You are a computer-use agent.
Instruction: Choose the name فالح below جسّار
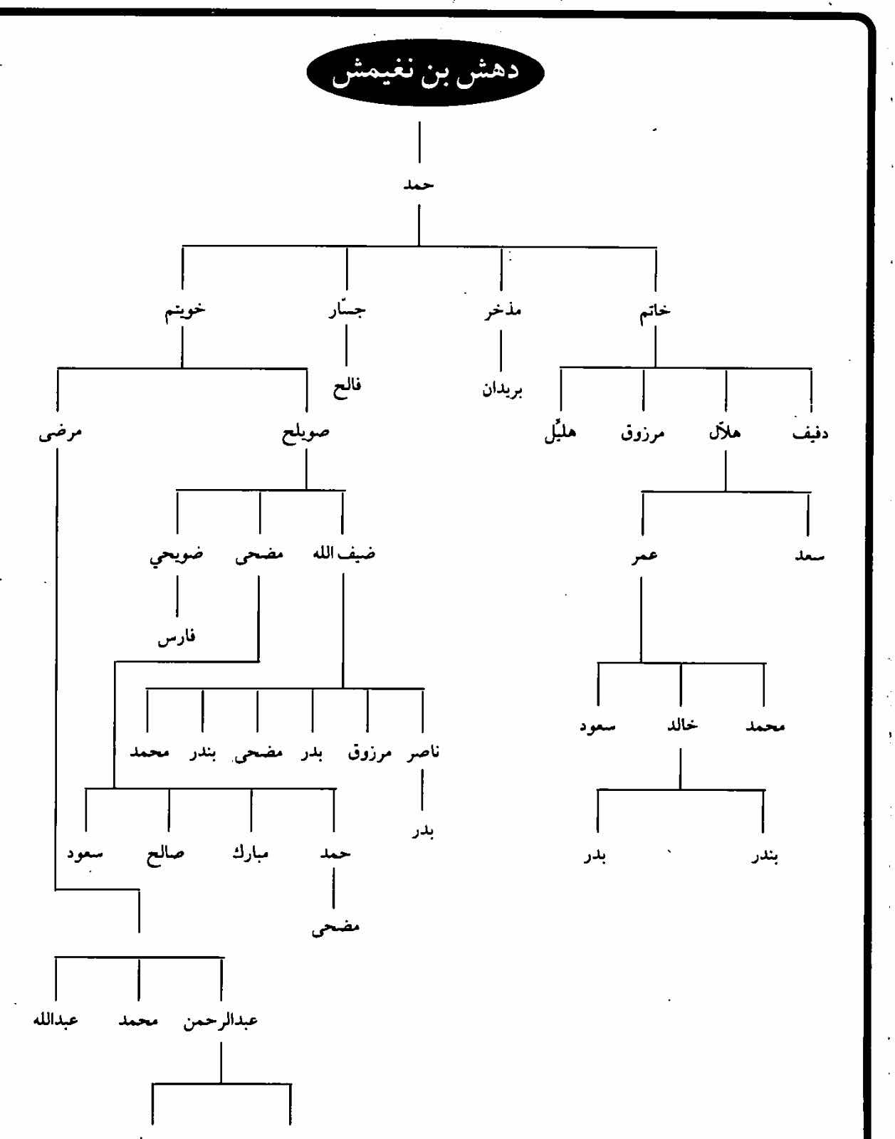(x=347, y=387)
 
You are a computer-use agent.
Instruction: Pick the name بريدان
(x=502, y=390)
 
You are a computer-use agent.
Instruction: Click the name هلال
(x=725, y=432)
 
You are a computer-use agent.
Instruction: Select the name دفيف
(x=810, y=433)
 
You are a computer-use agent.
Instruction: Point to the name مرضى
(x=60, y=433)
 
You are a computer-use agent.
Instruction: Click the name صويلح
(x=306, y=433)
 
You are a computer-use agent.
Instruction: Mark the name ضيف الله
(x=344, y=555)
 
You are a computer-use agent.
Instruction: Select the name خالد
(x=679, y=725)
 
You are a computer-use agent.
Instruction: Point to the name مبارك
(x=251, y=852)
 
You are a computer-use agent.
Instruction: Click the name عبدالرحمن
(x=221, y=1021)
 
